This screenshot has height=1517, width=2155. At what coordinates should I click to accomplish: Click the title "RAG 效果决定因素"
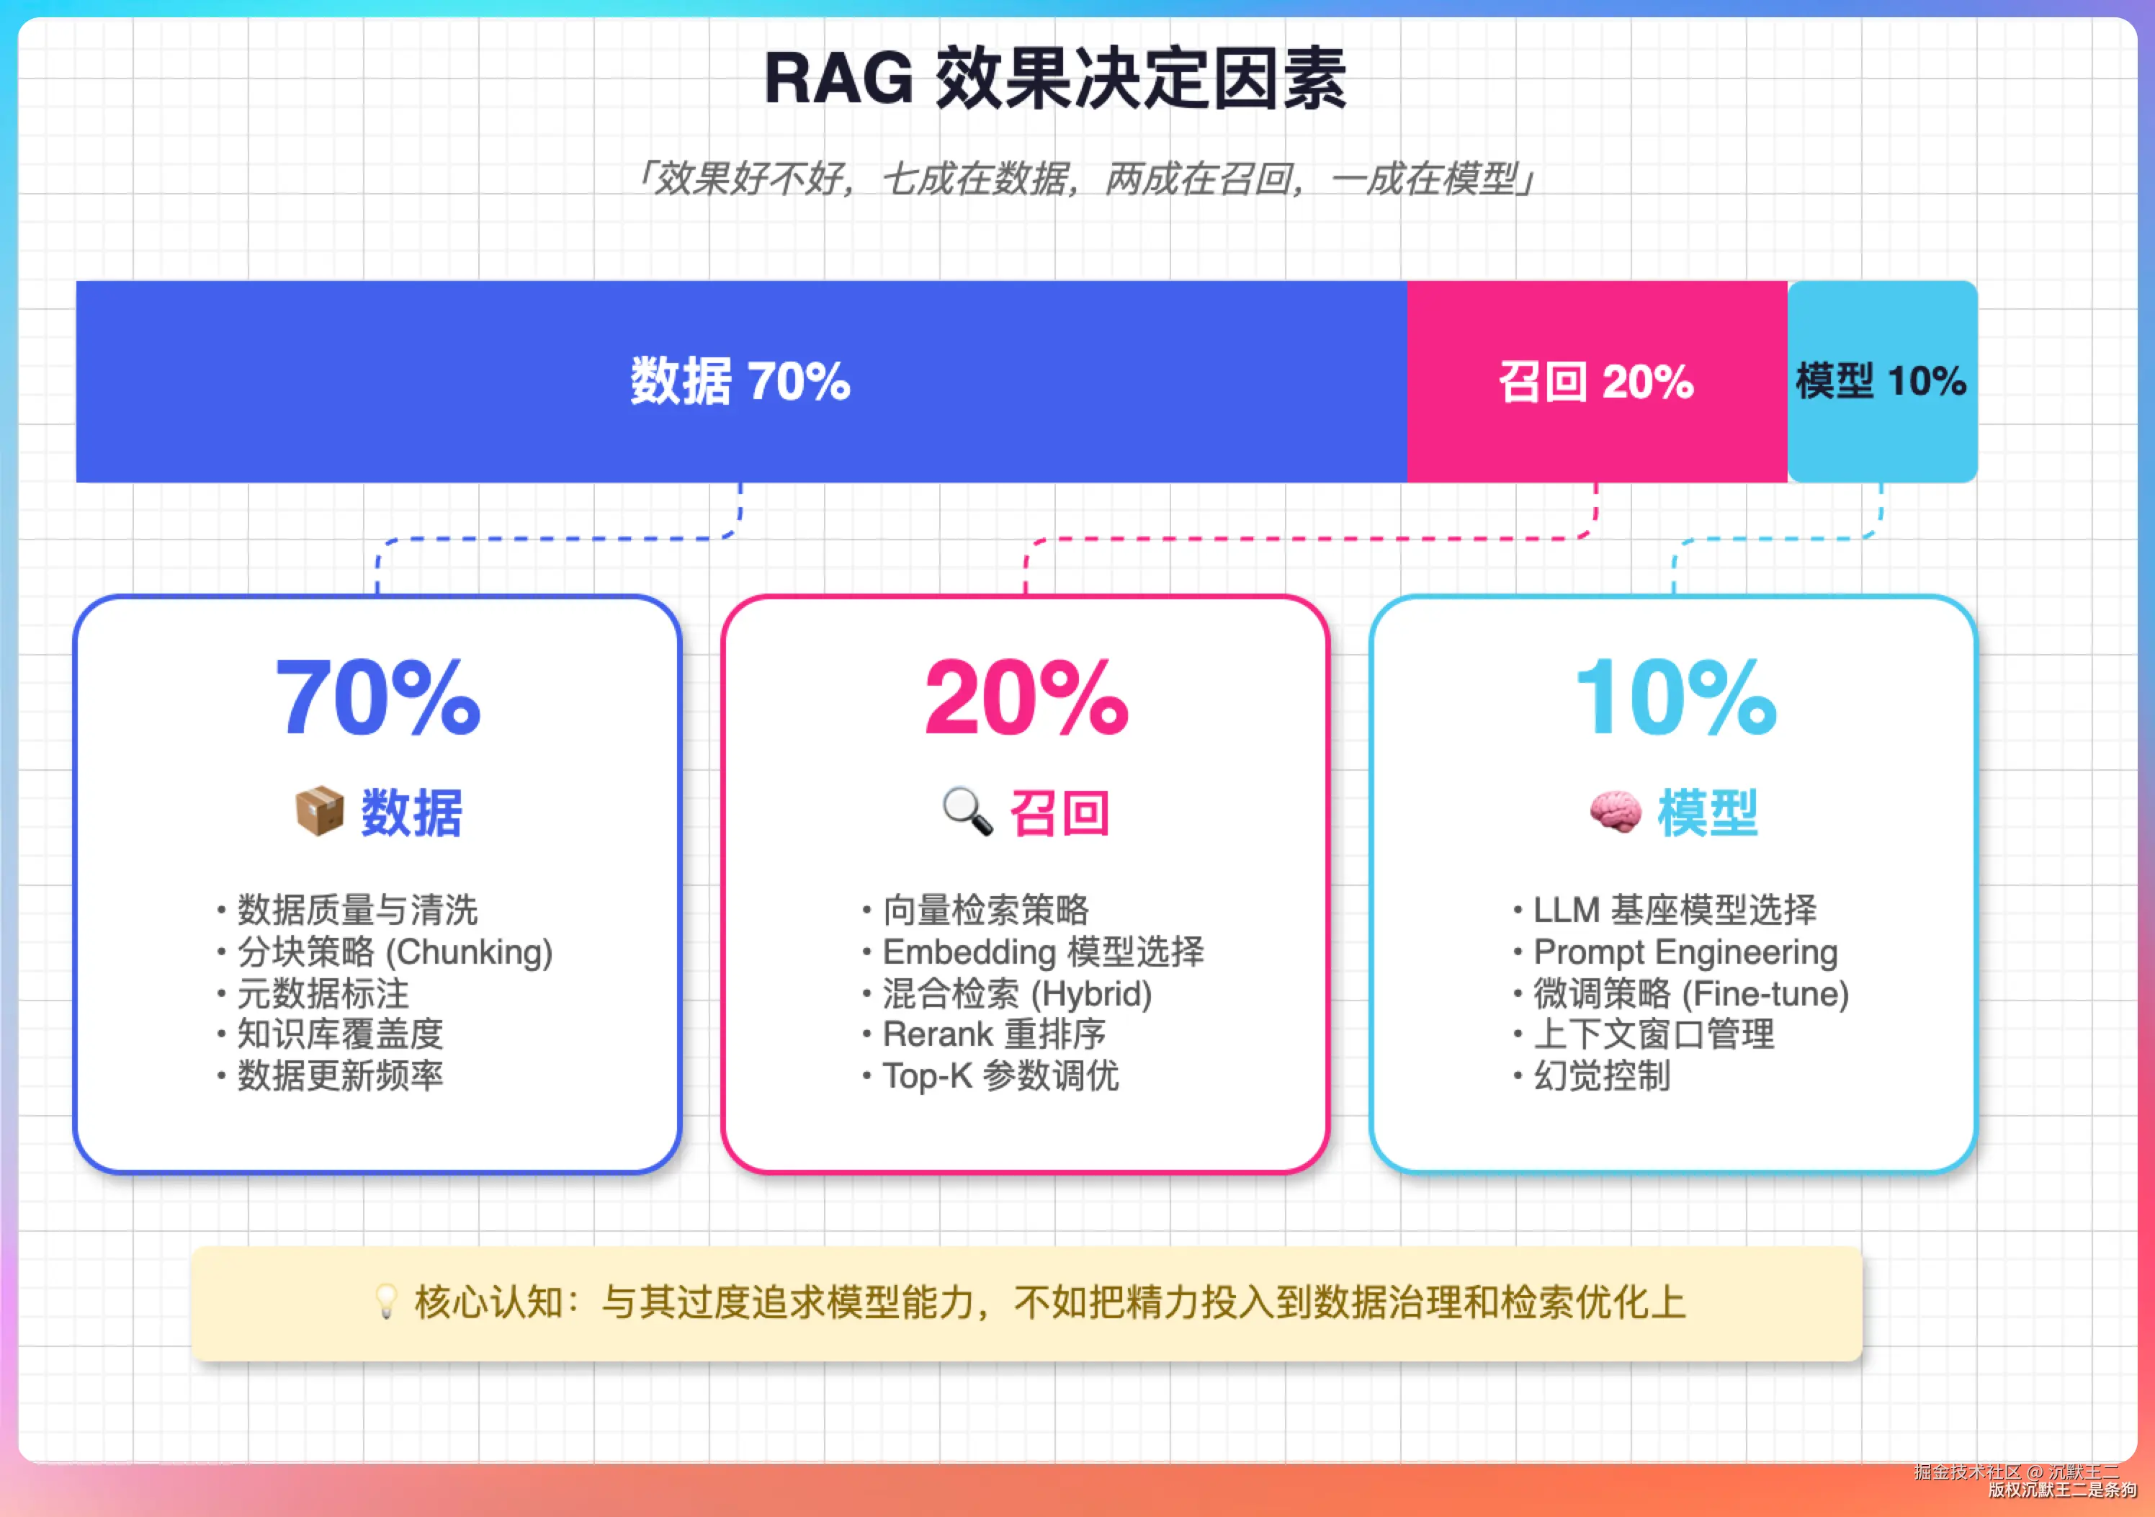point(1055,78)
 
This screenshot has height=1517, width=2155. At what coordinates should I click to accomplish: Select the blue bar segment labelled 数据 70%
point(741,381)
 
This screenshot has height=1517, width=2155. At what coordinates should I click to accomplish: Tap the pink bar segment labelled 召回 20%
point(1597,381)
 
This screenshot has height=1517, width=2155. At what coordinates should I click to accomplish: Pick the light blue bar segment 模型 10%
point(1882,381)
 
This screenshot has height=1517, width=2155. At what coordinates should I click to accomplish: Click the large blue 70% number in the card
point(377,697)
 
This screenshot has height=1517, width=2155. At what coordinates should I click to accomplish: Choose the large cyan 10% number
point(1675,697)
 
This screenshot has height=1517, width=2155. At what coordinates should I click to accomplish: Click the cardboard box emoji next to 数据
point(319,811)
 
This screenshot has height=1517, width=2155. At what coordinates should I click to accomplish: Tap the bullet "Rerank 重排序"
point(985,1034)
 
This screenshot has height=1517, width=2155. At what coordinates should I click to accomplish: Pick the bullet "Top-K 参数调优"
point(991,1075)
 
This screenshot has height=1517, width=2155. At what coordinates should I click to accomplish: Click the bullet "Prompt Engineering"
point(1675,952)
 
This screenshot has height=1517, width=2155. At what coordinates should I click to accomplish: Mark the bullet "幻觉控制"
point(1592,1075)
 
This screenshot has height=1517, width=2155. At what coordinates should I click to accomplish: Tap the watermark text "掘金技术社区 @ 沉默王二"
point(2016,1472)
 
